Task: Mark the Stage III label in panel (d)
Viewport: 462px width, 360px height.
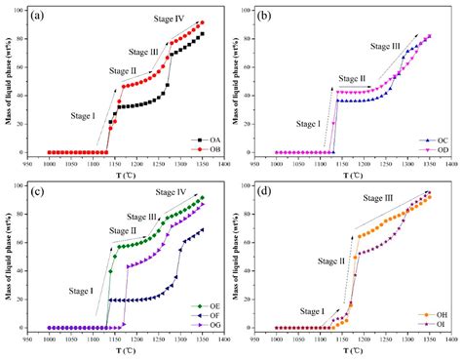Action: [x=394, y=222]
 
